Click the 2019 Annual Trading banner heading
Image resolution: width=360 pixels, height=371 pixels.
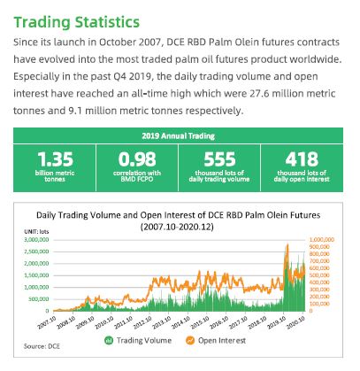pyautogui.click(x=180, y=136)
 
